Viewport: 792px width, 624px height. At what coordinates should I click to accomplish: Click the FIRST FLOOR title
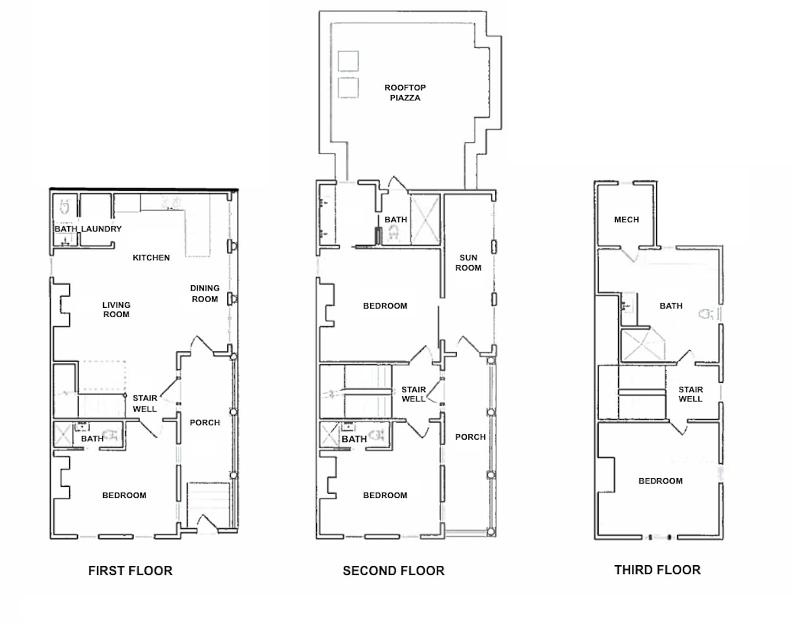pyautogui.click(x=130, y=570)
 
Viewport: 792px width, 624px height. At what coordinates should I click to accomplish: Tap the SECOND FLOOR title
pyautogui.click(x=394, y=570)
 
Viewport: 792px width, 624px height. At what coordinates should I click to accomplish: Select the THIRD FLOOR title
pyautogui.click(x=657, y=570)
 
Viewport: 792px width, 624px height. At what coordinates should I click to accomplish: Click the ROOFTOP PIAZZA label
pyautogui.click(x=405, y=93)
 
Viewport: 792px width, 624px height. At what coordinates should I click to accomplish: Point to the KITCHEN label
pyautogui.click(x=151, y=258)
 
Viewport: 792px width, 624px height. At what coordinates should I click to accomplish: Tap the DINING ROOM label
pyautogui.click(x=205, y=293)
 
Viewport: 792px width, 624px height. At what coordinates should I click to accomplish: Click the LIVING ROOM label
pyautogui.click(x=116, y=309)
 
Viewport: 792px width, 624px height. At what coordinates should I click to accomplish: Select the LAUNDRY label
pyautogui.click(x=101, y=229)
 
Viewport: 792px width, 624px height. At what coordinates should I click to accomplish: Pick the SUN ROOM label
pyautogui.click(x=468, y=263)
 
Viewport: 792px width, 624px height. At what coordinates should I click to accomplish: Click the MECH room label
pyautogui.click(x=626, y=220)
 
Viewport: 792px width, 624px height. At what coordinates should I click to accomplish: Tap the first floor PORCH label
pyautogui.click(x=205, y=422)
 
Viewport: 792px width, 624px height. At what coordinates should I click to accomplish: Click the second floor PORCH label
pyautogui.click(x=470, y=437)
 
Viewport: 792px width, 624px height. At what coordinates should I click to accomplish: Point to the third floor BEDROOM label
pyautogui.click(x=660, y=481)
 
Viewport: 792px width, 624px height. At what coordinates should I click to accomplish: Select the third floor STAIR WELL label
pyautogui.click(x=690, y=394)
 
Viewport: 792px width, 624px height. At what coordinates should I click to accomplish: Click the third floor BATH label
pyautogui.click(x=671, y=306)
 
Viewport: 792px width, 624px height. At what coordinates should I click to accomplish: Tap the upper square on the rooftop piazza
pyautogui.click(x=348, y=61)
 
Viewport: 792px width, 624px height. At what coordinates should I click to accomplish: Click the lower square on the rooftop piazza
pyautogui.click(x=348, y=87)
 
